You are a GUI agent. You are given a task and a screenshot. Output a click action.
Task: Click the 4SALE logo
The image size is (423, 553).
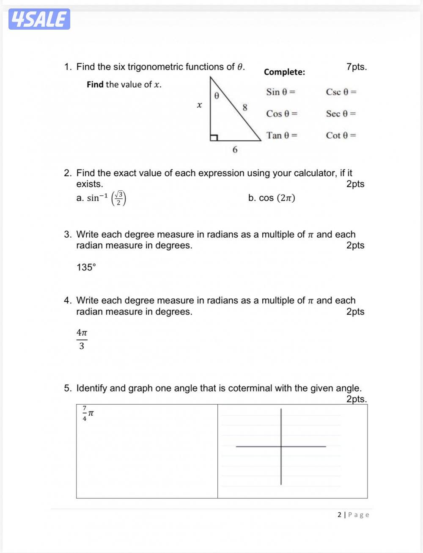coord(39,19)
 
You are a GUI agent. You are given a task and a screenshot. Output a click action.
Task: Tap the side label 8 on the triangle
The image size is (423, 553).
coord(244,107)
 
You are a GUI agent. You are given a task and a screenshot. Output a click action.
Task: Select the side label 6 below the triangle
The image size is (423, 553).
coord(235,150)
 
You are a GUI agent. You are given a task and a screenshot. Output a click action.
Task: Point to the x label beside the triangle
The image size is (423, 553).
coord(199,105)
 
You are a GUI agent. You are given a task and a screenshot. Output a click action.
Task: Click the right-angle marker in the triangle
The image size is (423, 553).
coord(214,137)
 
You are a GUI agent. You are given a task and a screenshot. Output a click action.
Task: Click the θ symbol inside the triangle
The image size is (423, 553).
coord(216,96)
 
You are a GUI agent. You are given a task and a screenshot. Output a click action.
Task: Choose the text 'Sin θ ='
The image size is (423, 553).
coord(280,92)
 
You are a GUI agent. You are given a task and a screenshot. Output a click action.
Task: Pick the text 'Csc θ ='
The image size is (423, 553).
coord(341,92)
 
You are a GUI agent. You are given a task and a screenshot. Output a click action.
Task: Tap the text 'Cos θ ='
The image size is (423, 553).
coord(282,114)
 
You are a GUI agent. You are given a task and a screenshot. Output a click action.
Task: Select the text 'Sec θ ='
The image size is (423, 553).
coord(341,114)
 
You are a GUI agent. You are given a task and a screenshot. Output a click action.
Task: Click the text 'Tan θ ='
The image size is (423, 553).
coord(282,135)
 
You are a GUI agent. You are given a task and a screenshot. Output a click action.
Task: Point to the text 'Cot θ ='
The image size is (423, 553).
coord(341,135)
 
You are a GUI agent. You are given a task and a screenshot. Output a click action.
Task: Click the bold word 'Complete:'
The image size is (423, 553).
coord(284,72)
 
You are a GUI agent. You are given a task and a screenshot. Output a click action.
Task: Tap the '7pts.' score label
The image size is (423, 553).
coord(356,67)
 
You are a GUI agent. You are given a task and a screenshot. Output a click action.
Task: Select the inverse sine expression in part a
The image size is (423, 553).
coord(106,198)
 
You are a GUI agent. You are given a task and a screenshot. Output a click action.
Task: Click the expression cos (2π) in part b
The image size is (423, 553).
coord(277,198)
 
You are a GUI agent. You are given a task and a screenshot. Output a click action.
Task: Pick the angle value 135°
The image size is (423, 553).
coord(86,267)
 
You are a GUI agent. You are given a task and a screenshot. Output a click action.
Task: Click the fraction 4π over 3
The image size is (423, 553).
coord(82,339)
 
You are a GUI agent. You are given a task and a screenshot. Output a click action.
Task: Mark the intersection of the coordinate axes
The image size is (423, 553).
coord(281,446)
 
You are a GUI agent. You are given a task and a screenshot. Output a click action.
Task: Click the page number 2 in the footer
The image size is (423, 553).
coord(339,515)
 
